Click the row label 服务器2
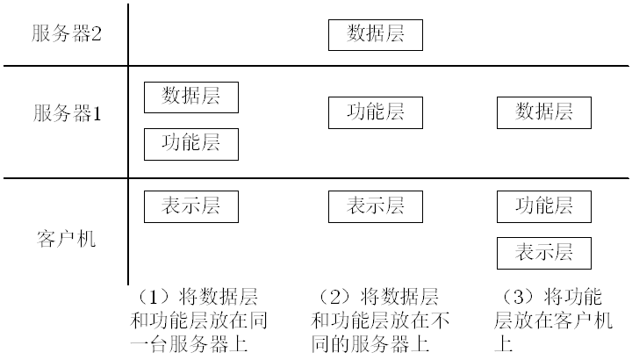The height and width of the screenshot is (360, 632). [x=68, y=34]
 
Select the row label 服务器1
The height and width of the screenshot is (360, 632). [x=68, y=113]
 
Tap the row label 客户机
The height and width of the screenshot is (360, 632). [x=67, y=239]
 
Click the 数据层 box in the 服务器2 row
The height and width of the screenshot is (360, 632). [x=376, y=35]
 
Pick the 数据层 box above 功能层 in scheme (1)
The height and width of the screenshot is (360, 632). [x=191, y=97]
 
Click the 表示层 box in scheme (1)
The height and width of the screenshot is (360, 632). [x=191, y=206]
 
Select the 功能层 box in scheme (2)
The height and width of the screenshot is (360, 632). [x=376, y=112]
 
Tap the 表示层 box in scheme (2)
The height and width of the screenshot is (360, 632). [x=376, y=206]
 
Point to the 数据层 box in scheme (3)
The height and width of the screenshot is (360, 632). [x=544, y=112]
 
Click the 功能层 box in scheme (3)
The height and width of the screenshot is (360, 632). [x=544, y=206]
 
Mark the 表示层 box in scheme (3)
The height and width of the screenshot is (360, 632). [x=544, y=253]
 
